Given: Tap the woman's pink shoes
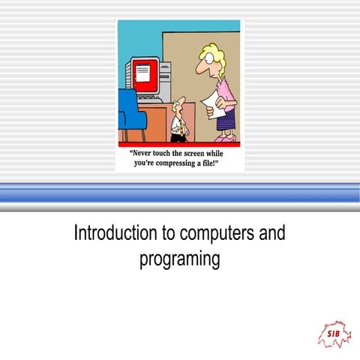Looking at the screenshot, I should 224,138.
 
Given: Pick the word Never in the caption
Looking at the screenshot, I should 144,151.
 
